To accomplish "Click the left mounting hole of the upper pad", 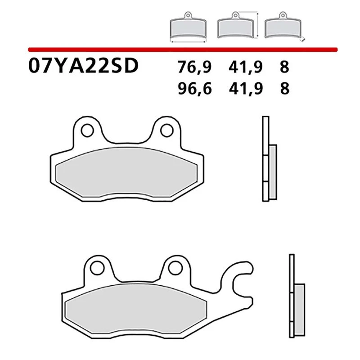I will click(88, 130).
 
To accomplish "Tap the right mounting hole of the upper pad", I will click(165, 130).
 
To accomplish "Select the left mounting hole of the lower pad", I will click(95, 269).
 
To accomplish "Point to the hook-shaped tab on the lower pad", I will click(241, 279).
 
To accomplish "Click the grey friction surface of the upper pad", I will click(126, 175).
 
